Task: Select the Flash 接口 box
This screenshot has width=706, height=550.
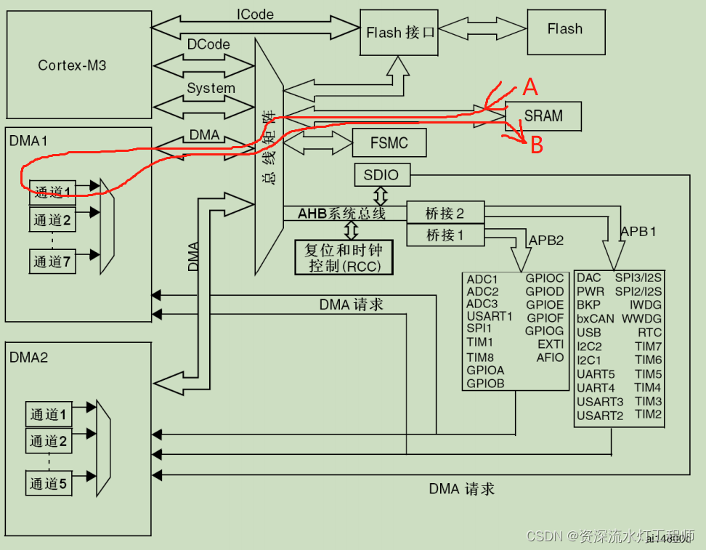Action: (399, 33)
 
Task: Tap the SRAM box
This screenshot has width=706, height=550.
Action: (543, 116)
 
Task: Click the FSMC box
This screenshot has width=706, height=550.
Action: (389, 143)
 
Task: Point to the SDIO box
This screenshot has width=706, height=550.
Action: (382, 175)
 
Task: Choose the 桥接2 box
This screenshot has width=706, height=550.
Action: (445, 214)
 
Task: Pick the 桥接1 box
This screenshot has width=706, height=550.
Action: (445, 235)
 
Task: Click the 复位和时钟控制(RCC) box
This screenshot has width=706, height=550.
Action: (344, 257)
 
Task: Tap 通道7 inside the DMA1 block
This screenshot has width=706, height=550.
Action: (52, 262)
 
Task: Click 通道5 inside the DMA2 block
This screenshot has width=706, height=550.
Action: (49, 483)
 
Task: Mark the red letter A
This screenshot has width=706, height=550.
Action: (531, 88)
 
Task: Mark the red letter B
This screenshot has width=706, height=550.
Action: (537, 146)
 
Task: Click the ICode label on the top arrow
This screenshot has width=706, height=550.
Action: (255, 15)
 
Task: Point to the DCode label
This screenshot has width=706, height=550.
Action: (208, 44)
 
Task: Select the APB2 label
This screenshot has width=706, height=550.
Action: (546, 240)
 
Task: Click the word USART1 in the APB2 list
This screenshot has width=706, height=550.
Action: (490, 316)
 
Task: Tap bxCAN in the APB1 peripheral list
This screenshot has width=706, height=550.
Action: (595, 318)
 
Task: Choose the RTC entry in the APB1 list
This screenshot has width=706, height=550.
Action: (650, 332)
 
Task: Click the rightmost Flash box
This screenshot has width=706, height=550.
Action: (564, 30)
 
